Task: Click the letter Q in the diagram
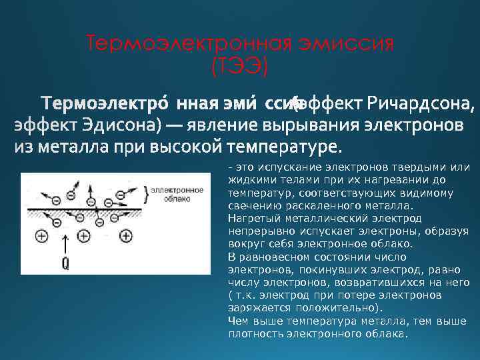point(65,263)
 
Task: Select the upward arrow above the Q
point(65,243)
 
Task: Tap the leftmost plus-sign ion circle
point(41,235)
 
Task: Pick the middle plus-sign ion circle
point(83,235)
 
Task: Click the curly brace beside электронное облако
point(146,193)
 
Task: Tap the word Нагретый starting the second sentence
point(249,218)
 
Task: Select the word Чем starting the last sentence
point(237,321)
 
